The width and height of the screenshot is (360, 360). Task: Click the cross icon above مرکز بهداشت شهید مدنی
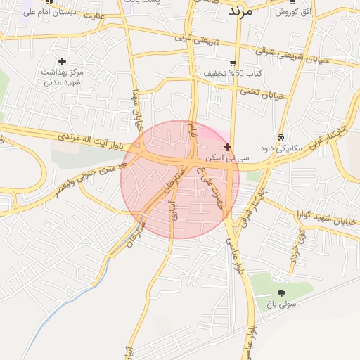coord(63,61)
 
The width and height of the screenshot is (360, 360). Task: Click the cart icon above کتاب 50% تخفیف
coord(232,63)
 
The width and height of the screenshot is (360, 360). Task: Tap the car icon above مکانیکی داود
coord(281,137)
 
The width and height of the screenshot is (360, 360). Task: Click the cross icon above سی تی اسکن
coord(226,147)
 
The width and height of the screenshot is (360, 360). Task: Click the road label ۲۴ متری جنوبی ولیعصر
coord(84,174)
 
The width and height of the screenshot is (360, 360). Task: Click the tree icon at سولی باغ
coord(281,293)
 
